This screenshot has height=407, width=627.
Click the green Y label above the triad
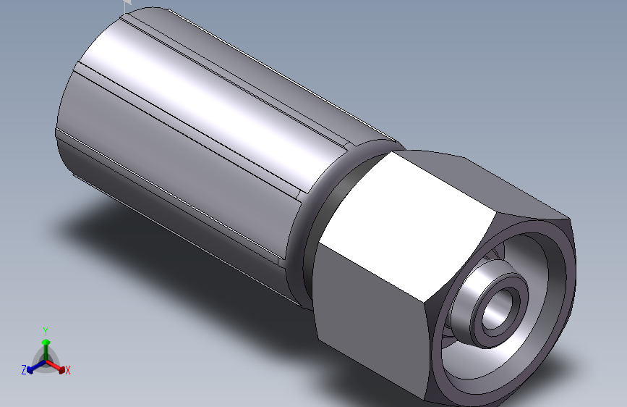[46, 331]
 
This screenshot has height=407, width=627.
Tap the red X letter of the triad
[67, 370]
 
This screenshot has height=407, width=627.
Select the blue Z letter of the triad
[24, 370]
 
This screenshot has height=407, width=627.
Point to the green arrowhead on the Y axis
[46, 342]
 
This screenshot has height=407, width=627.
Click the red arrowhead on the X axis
[61, 370]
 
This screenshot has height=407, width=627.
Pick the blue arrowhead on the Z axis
[30, 370]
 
